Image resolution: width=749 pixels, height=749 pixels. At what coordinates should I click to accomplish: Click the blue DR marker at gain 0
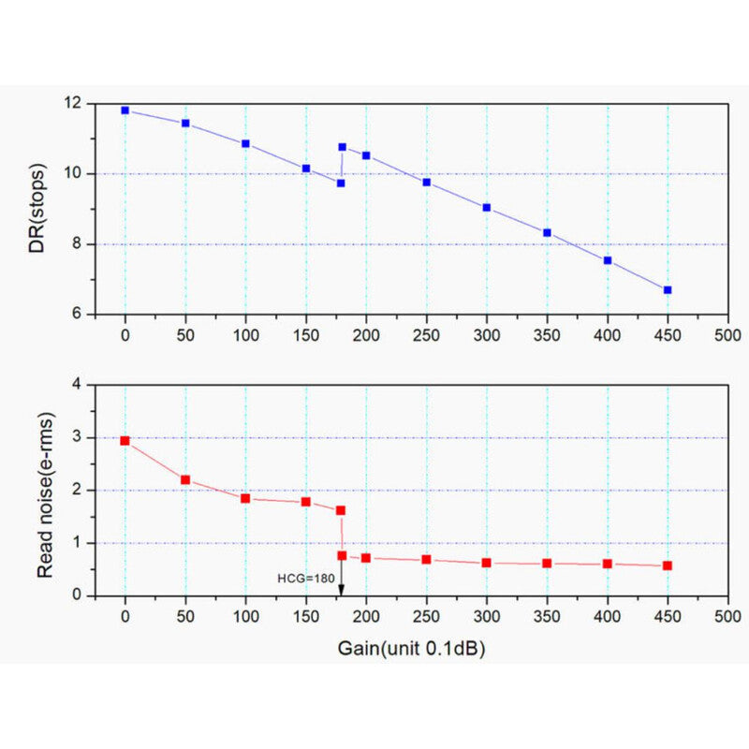click(125, 110)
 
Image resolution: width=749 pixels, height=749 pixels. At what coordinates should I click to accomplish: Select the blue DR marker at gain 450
click(668, 290)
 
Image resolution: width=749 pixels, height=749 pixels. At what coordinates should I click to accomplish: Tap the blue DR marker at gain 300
click(487, 207)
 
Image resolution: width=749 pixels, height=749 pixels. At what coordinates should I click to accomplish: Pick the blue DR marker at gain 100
click(245, 143)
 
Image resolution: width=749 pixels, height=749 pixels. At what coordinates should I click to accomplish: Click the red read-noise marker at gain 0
click(125, 440)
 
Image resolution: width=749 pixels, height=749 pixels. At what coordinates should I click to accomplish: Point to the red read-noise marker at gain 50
click(185, 479)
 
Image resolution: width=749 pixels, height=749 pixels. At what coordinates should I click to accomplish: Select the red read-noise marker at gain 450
click(668, 565)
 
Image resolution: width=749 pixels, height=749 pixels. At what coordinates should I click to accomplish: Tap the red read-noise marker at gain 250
click(426, 559)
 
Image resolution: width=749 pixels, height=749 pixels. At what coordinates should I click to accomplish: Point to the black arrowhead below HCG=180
click(342, 590)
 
